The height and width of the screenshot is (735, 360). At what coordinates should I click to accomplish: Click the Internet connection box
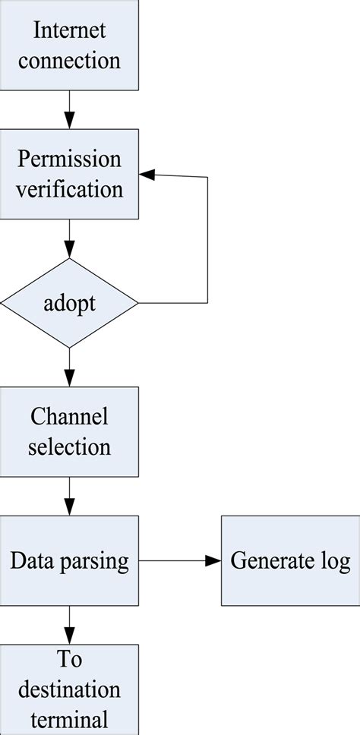[x=70, y=46]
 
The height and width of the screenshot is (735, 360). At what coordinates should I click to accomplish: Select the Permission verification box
[x=70, y=174]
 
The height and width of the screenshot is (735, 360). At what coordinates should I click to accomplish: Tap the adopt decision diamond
[x=70, y=303]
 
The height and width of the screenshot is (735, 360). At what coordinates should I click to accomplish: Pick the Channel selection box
[x=70, y=432]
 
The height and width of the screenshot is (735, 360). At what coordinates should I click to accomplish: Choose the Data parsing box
[x=70, y=561]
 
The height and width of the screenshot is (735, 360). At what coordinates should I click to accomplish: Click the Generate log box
[x=290, y=561]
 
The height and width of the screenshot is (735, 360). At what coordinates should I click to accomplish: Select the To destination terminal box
[x=70, y=689]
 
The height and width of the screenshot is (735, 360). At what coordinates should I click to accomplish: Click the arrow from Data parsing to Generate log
[x=180, y=561]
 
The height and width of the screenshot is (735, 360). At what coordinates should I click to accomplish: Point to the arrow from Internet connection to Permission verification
[x=70, y=110]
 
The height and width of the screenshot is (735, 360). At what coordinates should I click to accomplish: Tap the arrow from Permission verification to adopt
[x=70, y=239]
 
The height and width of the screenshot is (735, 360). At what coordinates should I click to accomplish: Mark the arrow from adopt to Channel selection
[x=70, y=367]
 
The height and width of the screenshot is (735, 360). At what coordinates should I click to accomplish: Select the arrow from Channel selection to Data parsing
[x=70, y=497]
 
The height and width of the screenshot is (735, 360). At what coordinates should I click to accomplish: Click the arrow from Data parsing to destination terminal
[x=70, y=626]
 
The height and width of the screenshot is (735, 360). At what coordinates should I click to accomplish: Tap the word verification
[x=70, y=188]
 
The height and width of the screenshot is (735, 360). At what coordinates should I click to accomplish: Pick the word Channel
[x=70, y=418]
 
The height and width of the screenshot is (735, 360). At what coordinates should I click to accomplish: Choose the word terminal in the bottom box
[x=70, y=718]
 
